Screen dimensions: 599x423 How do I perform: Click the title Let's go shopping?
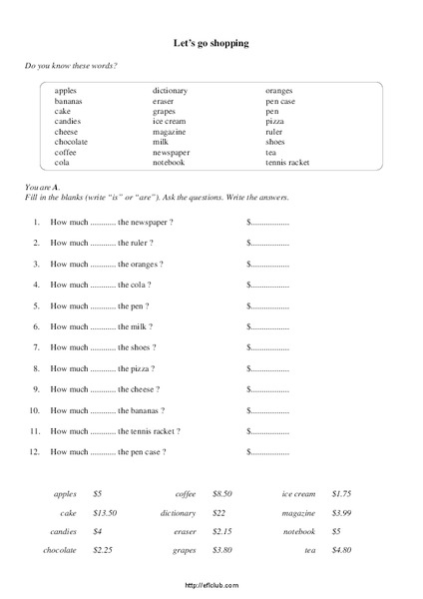pyautogui.click(x=211, y=43)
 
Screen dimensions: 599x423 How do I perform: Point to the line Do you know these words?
pyautogui.click(x=71, y=66)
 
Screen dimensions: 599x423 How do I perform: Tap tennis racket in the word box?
pyautogui.click(x=287, y=162)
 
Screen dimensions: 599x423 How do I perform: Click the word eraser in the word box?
pyautogui.click(x=164, y=101)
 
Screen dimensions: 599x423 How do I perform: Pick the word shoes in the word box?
pyautogui.click(x=275, y=142)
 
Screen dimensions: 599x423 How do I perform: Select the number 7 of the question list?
pyautogui.click(x=35, y=347)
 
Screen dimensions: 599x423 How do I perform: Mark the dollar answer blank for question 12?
pyautogui.click(x=267, y=452)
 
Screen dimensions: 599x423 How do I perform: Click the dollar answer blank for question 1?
pyautogui.click(x=267, y=223)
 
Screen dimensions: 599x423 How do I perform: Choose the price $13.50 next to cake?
pyautogui.click(x=105, y=512)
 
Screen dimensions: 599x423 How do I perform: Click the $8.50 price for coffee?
pyautogui.click(x=223, y=493)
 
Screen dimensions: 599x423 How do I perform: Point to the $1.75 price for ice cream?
pyautogui.click(x=341, y=493)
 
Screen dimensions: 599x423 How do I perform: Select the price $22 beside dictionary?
pyautogui.click(x=219, y=512)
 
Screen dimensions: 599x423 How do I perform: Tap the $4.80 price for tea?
pyautogui.click(x=341, y=550)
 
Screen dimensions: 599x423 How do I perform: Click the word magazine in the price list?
pyautogui.click(x=298, y=512)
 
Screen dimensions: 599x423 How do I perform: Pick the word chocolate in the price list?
pyautogui.click(x=59, y=550)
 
